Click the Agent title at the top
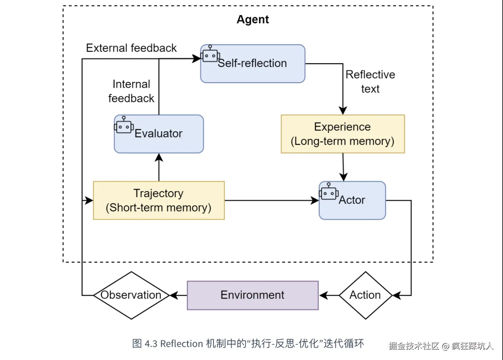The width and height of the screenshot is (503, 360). click(x=253, y=20)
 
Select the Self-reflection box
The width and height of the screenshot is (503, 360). click(x=253, y=64)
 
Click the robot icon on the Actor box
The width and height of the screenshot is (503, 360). click(x=328, y=192)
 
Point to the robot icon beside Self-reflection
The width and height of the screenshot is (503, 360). click(x=210, y=54)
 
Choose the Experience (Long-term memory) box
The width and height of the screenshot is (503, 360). click(x=342, y=134)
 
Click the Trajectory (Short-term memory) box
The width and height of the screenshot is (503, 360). click(x=159, y=200)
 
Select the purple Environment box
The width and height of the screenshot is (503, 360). click(x=253, y=295)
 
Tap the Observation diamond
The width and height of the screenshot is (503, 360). click(x=131, y=295)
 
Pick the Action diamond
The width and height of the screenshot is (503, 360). click(x=365, y=295)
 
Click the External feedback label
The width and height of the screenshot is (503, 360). click(x=131, y=48)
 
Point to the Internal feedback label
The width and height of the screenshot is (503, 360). click(x=131, y=91)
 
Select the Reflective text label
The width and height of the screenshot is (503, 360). click(x=370, y=82)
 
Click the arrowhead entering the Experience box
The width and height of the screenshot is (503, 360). click(x=343, y=111)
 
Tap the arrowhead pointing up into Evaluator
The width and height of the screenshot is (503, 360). click(x=159, y=157)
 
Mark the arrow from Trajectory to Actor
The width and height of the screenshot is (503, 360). click(x=270, y=200)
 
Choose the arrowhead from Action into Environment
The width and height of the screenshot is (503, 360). click(x=324, y=295)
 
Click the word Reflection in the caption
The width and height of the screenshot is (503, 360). click(x=182, y=344)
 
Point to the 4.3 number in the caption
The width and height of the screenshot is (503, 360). click(x=151, y=344)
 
